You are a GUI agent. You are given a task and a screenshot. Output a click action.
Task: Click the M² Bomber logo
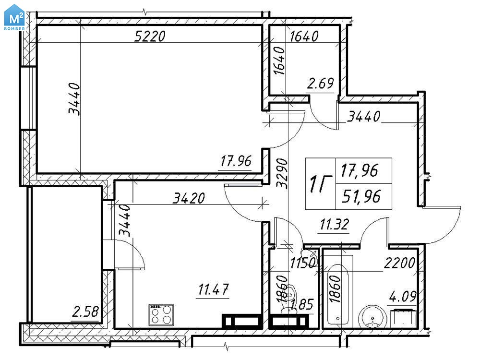(14, 17)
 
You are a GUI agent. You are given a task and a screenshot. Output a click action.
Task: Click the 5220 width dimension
(150, 36)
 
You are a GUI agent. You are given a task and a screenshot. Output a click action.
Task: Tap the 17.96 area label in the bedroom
(236, 161)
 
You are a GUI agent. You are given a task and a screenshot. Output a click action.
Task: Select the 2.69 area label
(320, 83)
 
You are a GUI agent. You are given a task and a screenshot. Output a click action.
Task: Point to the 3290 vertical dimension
(282, 173)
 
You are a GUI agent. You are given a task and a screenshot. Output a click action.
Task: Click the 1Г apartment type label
(320, 183)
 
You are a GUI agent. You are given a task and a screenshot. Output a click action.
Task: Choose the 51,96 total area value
(361, 196)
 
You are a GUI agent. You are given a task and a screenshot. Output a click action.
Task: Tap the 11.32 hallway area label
(334, 225)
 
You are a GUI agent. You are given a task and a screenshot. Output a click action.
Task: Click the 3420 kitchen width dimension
(189, 198)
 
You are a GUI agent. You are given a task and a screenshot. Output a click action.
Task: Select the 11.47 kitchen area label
(214, 289)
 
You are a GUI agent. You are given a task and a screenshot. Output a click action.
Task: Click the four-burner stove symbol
(161, 314)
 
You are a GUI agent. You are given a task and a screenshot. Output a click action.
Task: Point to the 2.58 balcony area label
(86, 312)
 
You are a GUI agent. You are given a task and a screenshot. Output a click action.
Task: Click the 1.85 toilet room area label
(302, 305)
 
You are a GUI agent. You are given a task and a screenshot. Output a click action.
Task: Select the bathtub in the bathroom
(338, 294)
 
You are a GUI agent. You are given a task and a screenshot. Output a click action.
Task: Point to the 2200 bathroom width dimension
(399, 263)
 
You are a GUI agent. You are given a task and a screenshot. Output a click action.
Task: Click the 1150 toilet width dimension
(302, 263)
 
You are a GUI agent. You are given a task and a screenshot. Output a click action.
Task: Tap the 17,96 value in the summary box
(360, 170)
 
